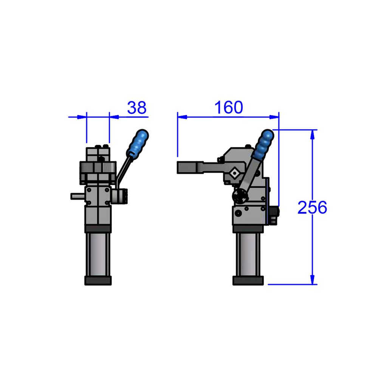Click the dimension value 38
click(136, 108)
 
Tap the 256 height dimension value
click(312, 208)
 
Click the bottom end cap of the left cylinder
click(98, 280)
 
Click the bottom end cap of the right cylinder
click(248, 280)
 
